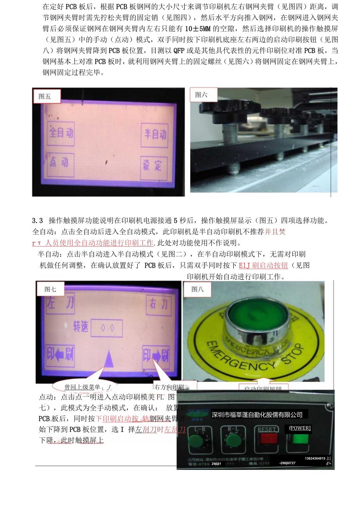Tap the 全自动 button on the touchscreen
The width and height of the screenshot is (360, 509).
pyautogui.click(x=61, y=133)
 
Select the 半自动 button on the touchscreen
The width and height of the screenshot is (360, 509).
pyautogui.click(x=155, y=135)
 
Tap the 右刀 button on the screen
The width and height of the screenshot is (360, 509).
pyautogui.click(x=159, y=303)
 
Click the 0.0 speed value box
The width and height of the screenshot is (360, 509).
pyautogui.click(x=107, y=328)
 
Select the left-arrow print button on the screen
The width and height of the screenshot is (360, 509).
pyautogui.click(x=60, y=356)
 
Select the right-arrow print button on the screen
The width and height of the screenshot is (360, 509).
pyautogui.click(x=156, y=356)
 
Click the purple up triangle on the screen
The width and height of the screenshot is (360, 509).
pyautogui.click(x=109, y=359)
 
